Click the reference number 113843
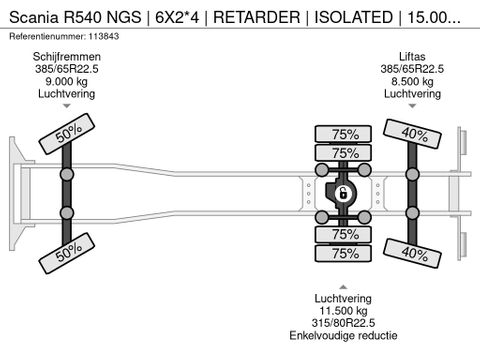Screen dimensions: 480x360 click(x=103, y=36)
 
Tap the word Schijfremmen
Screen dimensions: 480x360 click(x=67, y=57)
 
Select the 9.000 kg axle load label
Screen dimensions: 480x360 click(x=67, y=81)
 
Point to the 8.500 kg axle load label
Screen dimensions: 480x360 click(x=412, y=81)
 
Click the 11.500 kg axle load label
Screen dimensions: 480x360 click(x=343, y=311)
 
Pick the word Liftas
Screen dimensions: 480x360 click(x=412, y=57)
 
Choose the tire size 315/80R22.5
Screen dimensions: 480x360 click(x=343, y=323)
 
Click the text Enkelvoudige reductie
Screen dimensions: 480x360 click(x=343, y=335)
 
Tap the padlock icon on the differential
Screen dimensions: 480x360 click(x=342, y=193)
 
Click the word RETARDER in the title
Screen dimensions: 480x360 click(x=257, y=17)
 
